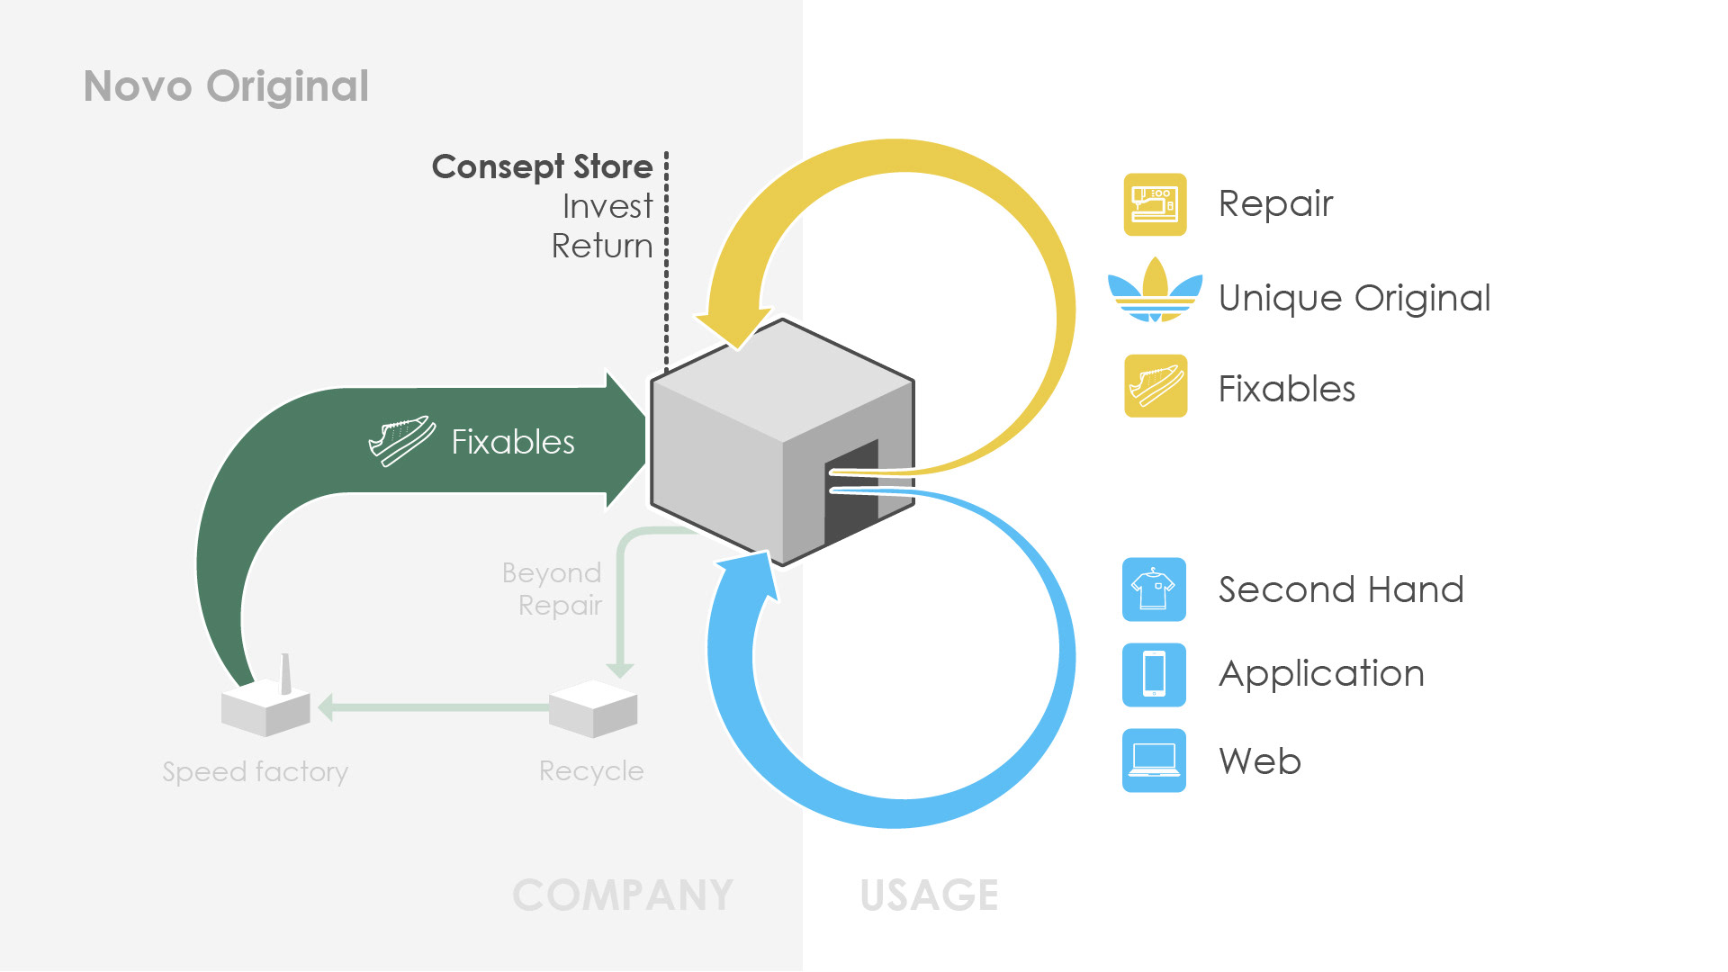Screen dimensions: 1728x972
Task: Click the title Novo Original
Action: tap(226, 86)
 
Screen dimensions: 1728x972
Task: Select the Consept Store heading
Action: tap(542, 167)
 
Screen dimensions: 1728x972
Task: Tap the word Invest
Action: tap(607, 206)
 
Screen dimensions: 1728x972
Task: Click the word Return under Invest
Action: tap(602, 246)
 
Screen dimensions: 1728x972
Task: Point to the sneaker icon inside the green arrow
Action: tap(402, 440)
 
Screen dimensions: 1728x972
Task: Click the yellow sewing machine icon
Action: tap(1155, 204)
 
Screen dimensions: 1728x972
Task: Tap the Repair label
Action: tap(1275, 204)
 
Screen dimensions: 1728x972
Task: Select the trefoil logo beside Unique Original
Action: tap(1155, 290)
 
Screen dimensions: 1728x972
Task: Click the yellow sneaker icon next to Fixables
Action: tap(1156, 386)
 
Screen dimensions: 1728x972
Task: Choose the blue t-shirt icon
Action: tap(1154, 589)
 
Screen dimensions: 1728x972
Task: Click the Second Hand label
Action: tap(1341, 589)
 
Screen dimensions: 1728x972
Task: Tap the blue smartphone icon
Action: tap(1154, 675)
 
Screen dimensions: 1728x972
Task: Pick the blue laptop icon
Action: tap(1154, 760)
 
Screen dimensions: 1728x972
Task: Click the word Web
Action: tap(1260, 761)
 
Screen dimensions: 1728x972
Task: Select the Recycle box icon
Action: tap(593, 709)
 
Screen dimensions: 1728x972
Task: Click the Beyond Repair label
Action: tap(552, 589)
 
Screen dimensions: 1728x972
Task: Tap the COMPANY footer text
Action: tap(623, 895)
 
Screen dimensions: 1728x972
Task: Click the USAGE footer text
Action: tap(929, 895)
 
